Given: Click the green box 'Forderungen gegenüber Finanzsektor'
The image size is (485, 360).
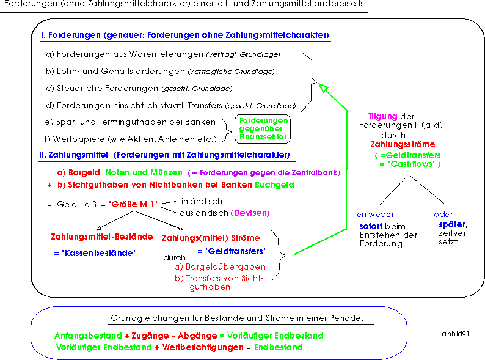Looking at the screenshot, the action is tap(263, 129).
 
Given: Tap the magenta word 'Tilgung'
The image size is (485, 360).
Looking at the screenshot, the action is tap(382, 117).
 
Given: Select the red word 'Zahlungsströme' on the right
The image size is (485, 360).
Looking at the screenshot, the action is tap(403, 145).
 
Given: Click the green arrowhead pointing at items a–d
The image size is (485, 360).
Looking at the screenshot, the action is tap(323, 88).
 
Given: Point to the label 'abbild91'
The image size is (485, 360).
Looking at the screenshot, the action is tap(455, 334).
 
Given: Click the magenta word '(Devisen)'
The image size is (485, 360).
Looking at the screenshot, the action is tap(250, 213).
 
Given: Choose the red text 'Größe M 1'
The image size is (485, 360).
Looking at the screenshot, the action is tap(133, 204).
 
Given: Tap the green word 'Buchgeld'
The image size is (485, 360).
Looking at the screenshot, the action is tap(274, 185).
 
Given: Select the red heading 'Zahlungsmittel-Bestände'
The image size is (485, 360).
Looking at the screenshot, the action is tap(102, 237).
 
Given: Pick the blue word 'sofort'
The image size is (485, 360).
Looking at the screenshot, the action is tap(371, 226).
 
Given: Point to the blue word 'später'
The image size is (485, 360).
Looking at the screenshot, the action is tap(453, 225).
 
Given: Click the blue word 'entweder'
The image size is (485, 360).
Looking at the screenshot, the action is tap(375, 215).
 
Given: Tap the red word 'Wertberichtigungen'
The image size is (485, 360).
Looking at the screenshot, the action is tap(203, 347).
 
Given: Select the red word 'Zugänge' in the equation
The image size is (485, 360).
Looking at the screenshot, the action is tap(150, 336).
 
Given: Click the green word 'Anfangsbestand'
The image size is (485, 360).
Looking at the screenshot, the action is tap(88, 336).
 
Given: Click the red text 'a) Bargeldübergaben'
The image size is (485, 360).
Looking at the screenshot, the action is tap(220, 267).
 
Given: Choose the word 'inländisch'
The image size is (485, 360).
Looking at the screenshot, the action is tap(202, 202).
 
